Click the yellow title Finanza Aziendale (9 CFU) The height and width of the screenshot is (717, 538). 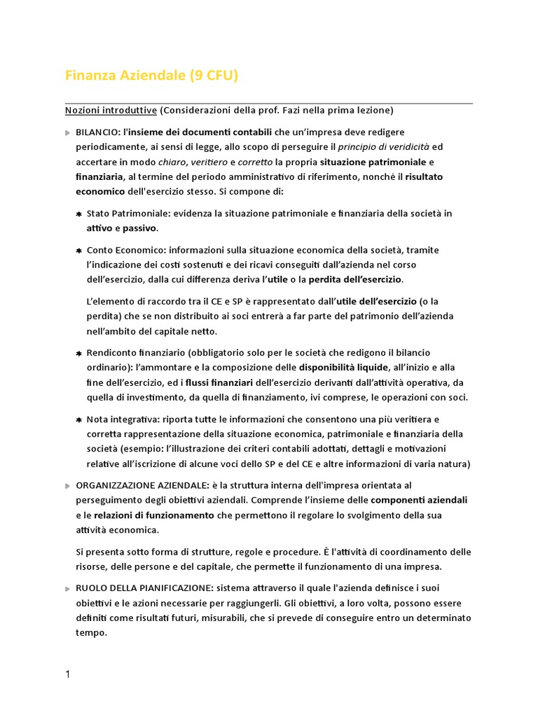click(x=151, y=76)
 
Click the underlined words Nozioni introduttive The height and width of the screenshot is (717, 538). click(x=111, y=111)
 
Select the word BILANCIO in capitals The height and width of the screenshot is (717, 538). click(x=98, y=132)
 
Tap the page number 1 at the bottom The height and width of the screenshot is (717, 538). click(x=67, y=674)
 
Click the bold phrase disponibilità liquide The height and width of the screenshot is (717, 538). click(x=343, y=367)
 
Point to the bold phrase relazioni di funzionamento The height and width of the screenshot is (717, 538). click(x=154, y=515)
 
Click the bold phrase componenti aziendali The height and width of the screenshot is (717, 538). click(x=419, y=500)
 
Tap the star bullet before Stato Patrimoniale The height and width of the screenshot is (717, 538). click(x=79, y=214)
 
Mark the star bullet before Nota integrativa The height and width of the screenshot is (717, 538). click(x=79, y=419)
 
